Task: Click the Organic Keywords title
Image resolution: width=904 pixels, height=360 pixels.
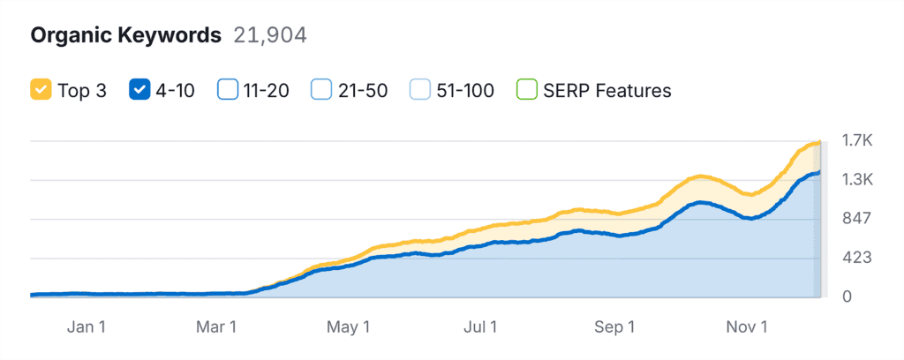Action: click(125, 35)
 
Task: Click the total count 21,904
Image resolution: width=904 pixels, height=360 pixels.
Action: click(269, 35)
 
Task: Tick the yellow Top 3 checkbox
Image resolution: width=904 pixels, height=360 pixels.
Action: click(40, 90)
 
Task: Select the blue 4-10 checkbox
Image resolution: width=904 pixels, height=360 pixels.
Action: click(139, 90)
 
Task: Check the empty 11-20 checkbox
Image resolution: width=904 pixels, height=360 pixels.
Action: click(228, 90)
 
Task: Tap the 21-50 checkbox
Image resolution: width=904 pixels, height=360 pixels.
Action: click(321, 90)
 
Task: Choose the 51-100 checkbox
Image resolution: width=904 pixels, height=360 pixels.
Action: click(420, 90)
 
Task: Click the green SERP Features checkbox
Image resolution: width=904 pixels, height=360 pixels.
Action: click(527, 90)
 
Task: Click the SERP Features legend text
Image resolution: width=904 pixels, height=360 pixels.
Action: click(608, 90)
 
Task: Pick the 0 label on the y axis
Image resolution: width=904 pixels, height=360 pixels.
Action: click(847, 296)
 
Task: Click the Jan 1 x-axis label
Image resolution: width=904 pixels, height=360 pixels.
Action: click(87, 326)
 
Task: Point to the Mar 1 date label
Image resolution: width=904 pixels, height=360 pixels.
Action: click(216, 326)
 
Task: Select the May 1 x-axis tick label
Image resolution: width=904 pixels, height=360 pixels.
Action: click(348, 326)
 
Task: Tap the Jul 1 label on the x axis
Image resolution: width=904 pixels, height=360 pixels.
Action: click(481, 326)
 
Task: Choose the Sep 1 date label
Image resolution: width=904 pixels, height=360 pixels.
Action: click(614, 326)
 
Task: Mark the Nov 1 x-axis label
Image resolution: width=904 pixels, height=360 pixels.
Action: click(747, 326)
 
